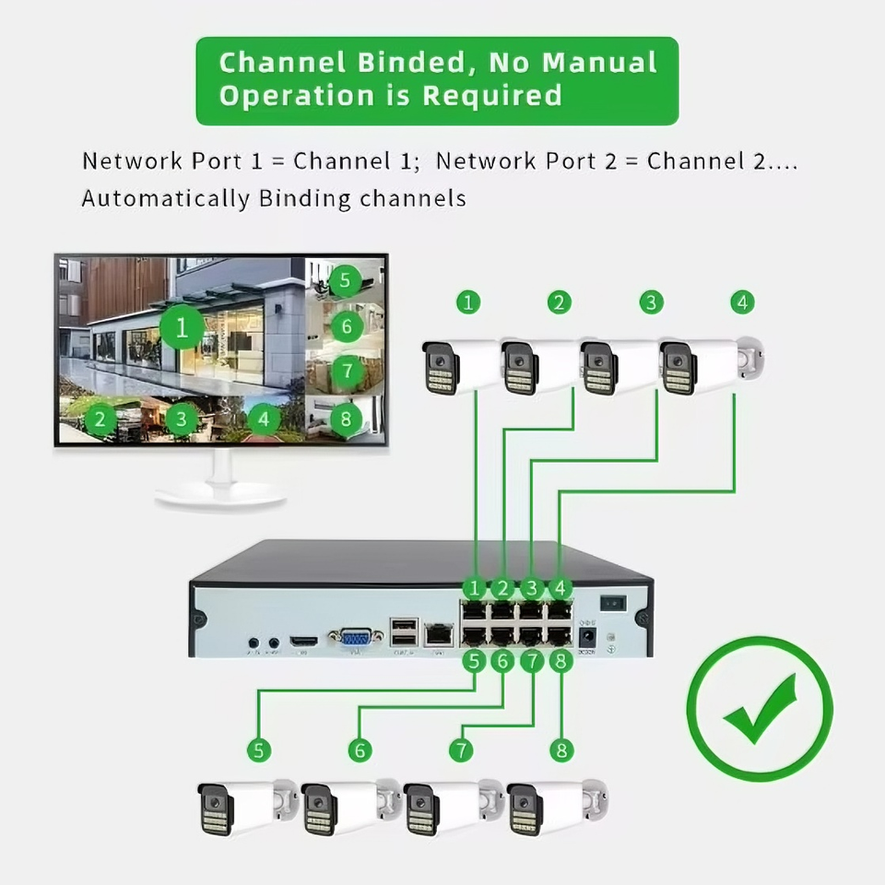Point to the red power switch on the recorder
coord(614,603)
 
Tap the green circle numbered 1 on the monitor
coord(182,327)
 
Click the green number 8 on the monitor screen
coord(346,419)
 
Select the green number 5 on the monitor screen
coord(345,280)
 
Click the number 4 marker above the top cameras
coord(742,301)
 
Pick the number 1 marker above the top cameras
coord(469,301)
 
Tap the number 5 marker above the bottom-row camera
coord(259,750)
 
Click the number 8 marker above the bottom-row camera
coord(561,750)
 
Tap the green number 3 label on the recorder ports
coord(532,587)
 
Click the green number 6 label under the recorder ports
coord(502,660)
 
